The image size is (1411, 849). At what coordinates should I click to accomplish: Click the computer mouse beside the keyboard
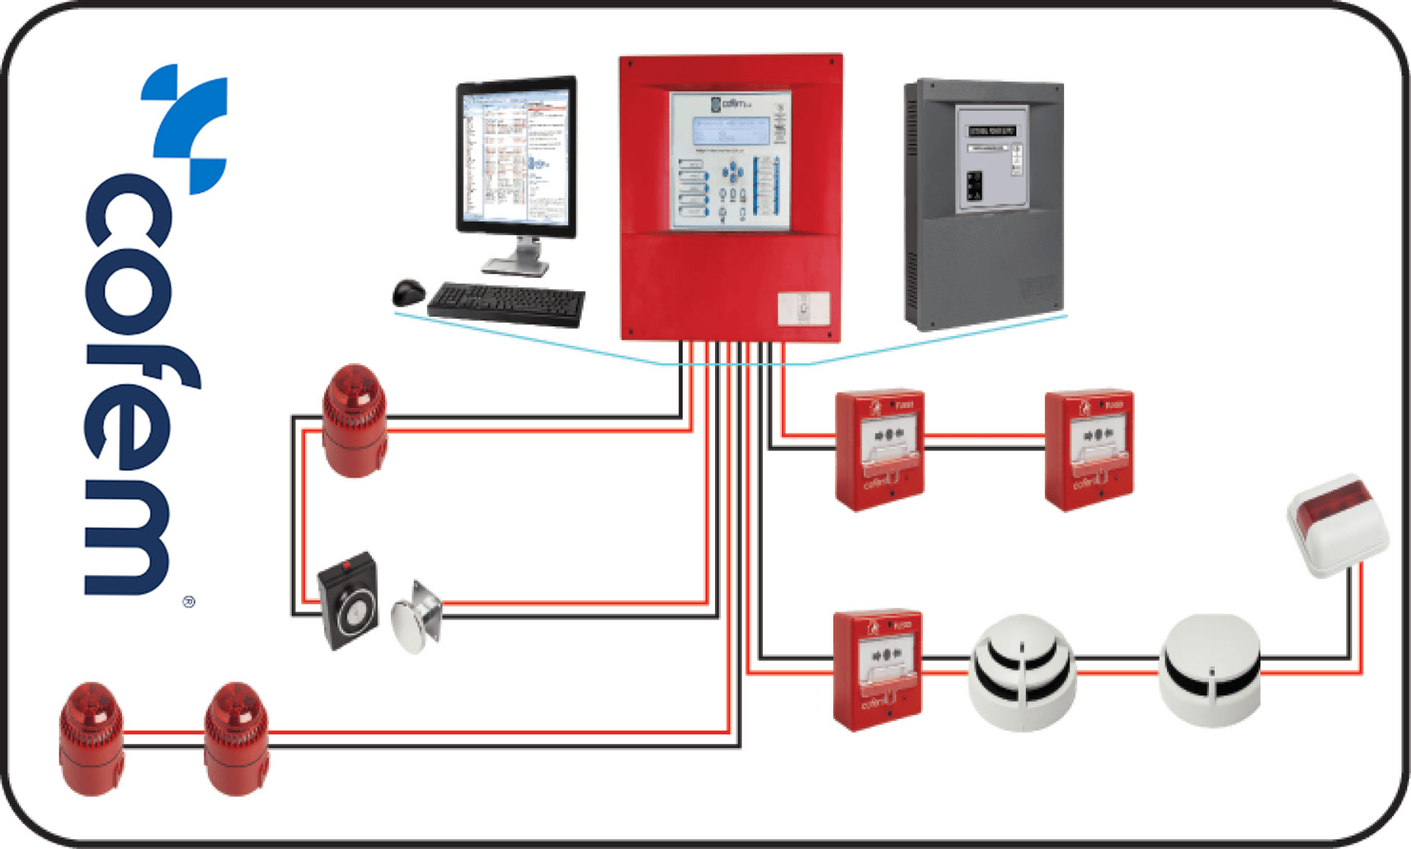pyautogui.click(x=409, y=293)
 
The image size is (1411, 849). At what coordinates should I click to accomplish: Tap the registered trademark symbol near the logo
pyautogui.click(x=189, y=602)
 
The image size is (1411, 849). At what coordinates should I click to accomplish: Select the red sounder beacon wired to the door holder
pyautogui.click(x=355, y=421)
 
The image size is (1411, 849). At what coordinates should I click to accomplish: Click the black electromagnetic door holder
pyautogui.click(x=348, y=601)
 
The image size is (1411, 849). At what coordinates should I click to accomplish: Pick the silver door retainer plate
pyautogui.click(x=417, y=616)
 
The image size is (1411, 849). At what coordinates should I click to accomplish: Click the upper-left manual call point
pyautogui.click(x=880, y=449)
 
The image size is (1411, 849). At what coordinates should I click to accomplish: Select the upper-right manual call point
pyautogui.click(x=1089, y=449)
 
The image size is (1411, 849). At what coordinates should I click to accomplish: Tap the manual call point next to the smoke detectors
pyautogui.click(x=877, y=669)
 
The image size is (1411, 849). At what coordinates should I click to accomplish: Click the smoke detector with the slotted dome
pyautogui.click(x=1022, y=673)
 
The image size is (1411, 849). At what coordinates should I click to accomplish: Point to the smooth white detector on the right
pyautogui.click(x=1210, y=670)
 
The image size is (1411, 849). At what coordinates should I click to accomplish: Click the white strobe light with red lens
pyautogui.click(x=1338, y=525)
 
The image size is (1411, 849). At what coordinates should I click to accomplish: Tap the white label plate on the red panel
pyautogui.click(x=803, y=308)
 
